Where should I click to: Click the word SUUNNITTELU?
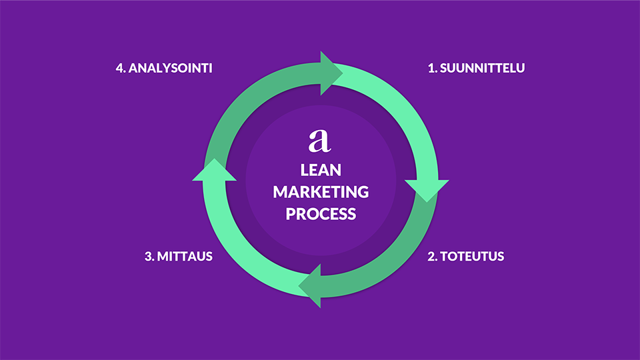482,68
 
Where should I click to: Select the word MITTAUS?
185,256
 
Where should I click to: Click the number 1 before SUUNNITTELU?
431,68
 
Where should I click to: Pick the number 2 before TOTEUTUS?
431,256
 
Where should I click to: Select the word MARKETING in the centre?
321,192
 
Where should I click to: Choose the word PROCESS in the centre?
321,214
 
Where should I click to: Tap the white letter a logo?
320,140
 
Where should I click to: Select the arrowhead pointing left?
311,285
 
